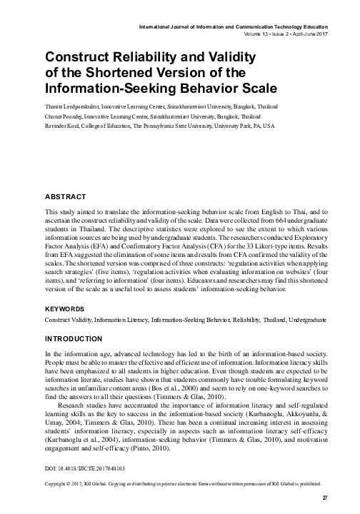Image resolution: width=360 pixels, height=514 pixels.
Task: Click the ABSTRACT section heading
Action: (66, 196)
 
